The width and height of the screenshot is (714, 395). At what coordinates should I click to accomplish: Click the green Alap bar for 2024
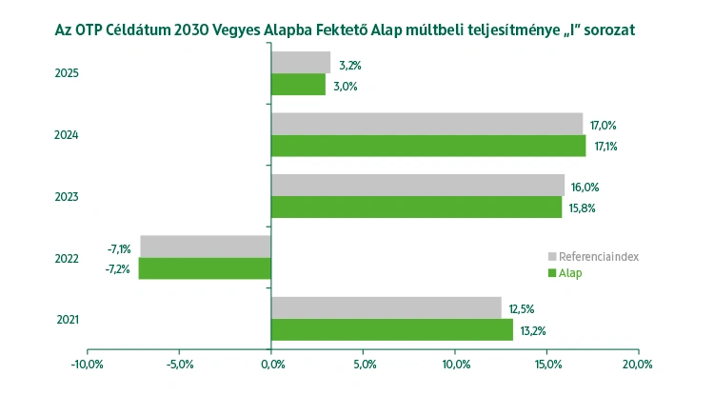pyautogui.click(x=428, y=146)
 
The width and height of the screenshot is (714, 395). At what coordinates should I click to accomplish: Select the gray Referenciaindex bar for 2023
pyautogui.click(x=417, y=185)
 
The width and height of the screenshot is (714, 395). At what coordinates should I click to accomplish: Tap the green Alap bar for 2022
pyautogui.click(x=205, y=268)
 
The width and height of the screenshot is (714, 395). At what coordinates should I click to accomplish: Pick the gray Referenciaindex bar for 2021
pyautogui.click(x=386, y=307)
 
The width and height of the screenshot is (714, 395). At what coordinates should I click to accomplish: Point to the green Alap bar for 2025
pyautogui.click(x=298, y=85)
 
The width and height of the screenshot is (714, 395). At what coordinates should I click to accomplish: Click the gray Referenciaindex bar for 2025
pyautogui.click(x=301, y=63)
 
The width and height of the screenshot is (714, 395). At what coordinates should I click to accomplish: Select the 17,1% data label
pyautogui.click(x=606, y=147)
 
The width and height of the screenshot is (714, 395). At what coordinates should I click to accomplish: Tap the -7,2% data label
pyautogui.click(x=119, y=269)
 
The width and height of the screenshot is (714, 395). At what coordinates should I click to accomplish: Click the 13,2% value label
pyautogui.click(x=532, y=330)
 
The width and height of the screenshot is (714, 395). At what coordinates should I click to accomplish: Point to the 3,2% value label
pyautogui.click(x=349, y=65)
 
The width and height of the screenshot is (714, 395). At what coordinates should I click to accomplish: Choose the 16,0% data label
pyautogui.click(x=585, y=187)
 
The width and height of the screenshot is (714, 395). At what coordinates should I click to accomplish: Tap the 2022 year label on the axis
pyautogui.click(x=68, y=258)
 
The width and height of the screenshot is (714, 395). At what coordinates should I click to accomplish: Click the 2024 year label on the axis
pyautogui.click(x=68, y=135)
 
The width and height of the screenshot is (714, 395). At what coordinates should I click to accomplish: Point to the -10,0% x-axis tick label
pyautogui.click(x=88, y=364)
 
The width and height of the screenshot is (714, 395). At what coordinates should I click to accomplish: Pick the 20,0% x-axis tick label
pyautogui.click(x=637, y=364)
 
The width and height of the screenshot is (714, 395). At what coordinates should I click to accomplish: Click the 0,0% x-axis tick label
pyautogui.click(x=271, y=364)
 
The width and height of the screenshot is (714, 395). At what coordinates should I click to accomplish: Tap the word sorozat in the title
pyautogui.click(x=605, y=30)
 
